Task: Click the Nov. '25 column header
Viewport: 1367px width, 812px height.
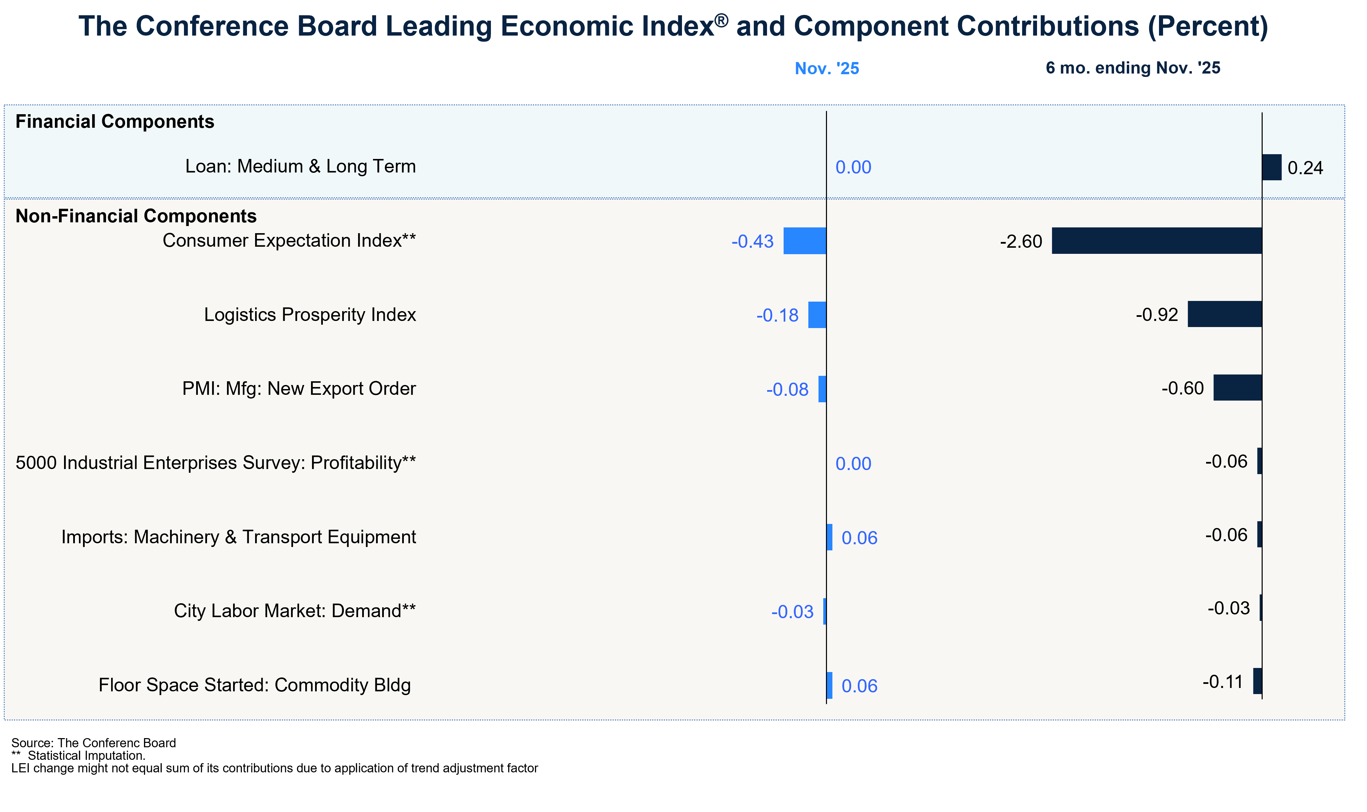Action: click(x=827, y=68)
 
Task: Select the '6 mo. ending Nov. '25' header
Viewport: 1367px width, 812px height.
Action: click(x=1133, y=68)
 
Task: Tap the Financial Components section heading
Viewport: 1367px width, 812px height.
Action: click(x=115, y=121)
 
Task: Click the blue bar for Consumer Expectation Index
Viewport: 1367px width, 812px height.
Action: click(x=805, y=241)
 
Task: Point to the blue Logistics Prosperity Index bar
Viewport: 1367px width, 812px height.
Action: click(x=817, y=314)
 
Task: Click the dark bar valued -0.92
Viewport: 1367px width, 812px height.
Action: click(x=1224, y=314)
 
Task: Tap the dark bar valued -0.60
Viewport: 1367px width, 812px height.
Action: click(x=1237, y=388)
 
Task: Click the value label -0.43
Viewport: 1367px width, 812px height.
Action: click(x=753, y=241)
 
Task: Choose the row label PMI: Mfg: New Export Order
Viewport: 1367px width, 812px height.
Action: click(x=299, y=388)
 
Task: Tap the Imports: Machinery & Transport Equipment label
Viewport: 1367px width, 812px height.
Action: click(x=239, y=537)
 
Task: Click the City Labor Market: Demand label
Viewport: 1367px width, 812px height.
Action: click(x=295, y=611)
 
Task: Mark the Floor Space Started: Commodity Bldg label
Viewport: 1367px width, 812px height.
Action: click(x=254, y=685)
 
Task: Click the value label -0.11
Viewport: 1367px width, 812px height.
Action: click(x=1223, y=682)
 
